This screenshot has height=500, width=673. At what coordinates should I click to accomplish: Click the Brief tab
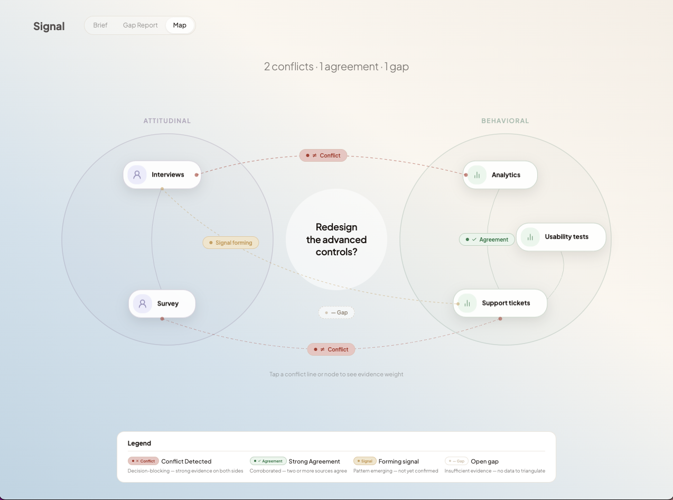pos(100,25)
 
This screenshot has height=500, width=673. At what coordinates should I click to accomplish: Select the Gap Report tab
pos(140,25)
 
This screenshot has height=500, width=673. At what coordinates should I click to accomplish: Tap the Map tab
pos(180,25)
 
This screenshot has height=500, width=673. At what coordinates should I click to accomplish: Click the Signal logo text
pos(49,26)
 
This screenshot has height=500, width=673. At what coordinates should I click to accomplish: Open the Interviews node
pos(162,174)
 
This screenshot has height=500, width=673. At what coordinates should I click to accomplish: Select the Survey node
pos(162,303)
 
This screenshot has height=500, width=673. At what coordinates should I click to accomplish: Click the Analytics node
pos(500,175)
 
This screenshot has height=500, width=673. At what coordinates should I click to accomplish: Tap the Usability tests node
pos(561,237)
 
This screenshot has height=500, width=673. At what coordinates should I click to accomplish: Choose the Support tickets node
pos(500,303)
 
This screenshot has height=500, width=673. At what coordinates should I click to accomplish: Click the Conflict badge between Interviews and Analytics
pos(323,155)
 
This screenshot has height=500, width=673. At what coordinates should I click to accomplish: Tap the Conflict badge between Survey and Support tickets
pos(331,349)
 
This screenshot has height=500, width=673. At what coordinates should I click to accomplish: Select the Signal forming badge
pos(231,243)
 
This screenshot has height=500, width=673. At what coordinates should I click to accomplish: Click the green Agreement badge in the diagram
pos(487,239)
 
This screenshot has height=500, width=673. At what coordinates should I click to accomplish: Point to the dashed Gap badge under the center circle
pos(336,312)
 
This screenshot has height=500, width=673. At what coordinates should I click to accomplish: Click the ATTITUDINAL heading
pos(167,121)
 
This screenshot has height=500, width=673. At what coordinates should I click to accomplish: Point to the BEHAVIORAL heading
pos(505,121)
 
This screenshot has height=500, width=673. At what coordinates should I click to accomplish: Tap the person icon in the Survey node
pos(142,303)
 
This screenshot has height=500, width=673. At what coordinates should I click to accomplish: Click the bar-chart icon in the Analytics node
pos(477,175)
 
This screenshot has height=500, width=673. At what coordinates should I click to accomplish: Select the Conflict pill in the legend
pos(143,461)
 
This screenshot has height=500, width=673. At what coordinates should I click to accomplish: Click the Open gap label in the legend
pos(484,461)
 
